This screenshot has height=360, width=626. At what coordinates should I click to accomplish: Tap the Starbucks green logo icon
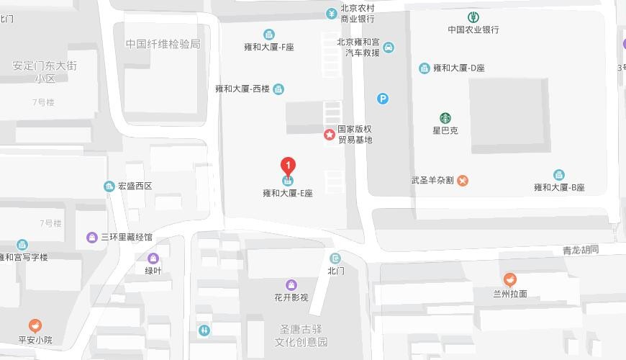[x=445, y=118]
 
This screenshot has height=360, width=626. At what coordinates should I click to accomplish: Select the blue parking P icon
[x=383, y=99]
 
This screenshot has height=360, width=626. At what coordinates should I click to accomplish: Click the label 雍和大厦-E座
[x=288, y=193]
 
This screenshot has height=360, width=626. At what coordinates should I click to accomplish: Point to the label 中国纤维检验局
[x=163, y=44]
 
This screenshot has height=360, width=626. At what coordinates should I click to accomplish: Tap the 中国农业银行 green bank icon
[x=473, y=17]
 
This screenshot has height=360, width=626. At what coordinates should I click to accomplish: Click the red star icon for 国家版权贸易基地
[x=330, y=134]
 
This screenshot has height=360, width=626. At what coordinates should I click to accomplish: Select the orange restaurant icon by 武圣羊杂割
[x=463, y=180]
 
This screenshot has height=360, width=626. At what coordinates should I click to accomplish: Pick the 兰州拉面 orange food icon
[x=509, y=279]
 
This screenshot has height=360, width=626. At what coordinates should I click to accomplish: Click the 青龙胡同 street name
[x=581, y=251]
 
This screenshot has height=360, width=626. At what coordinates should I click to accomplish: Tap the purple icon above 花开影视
[x=291, y=285]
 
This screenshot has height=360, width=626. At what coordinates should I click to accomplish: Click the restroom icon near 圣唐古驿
[x=204, y=330]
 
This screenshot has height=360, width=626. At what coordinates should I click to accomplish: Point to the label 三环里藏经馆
[x=127, y=237]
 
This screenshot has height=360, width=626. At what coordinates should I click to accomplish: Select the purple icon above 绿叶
[x=153, y=258]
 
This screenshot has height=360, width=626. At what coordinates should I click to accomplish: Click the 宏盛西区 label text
[x=135, y=186]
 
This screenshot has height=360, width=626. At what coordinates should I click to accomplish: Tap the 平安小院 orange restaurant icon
[x=35, y=326]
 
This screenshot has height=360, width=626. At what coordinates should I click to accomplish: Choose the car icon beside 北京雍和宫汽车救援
[x=389, y=48]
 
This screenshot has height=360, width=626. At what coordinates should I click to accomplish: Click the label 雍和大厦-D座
[x=459, y=68]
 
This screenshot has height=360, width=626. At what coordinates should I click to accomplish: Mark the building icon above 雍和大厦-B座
[x=559, y=175]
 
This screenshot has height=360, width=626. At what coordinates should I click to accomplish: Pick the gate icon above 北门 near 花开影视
[x=335, y=258]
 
